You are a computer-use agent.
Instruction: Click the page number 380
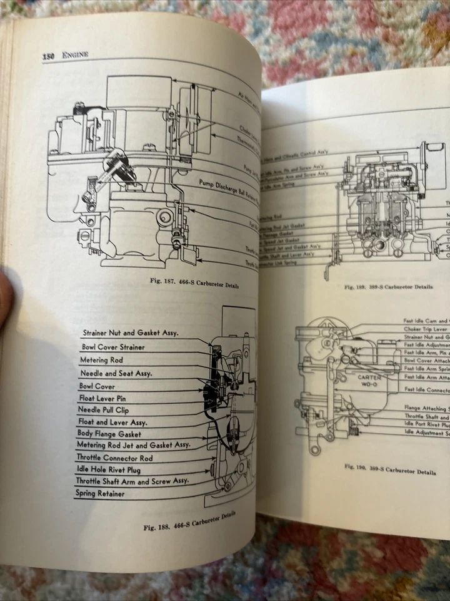tap(50, 56)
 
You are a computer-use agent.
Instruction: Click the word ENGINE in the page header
tap(75, 55)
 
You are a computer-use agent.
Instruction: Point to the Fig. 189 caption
tap(389, 287)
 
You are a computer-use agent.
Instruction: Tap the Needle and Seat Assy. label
tap(116, 373)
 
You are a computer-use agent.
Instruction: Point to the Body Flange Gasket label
tap(109, 433)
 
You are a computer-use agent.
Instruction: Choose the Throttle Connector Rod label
tap(114, 458)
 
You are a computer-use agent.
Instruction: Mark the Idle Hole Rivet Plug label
tap(112, 469)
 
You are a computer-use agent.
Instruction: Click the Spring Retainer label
tap(100, 493)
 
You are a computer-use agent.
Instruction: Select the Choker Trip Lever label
tap(427, 330)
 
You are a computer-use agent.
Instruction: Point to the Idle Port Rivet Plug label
tap(427, 424)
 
